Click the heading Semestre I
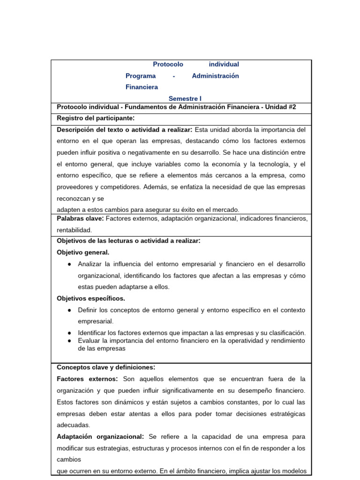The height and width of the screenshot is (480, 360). (185, 98)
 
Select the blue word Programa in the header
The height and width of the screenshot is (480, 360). (140, 76)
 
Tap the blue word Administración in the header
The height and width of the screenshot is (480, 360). (215, 76)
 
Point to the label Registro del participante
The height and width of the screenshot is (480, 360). (96, 118)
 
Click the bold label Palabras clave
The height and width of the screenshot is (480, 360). (80, 218)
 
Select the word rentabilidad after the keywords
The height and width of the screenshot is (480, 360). (75, 230)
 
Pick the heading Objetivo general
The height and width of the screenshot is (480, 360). (83, 252)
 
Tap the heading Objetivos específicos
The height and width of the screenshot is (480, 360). (91, 298)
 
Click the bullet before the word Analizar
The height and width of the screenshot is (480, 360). (69, 264)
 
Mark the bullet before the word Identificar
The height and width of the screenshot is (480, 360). (69, 333)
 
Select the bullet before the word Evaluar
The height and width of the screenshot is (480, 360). (69, 340)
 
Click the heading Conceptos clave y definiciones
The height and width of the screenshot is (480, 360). (106, 367)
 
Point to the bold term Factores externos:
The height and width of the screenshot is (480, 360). (87, 379)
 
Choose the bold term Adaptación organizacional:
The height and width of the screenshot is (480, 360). (100, 436)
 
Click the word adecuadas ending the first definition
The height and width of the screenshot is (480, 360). (73, 425)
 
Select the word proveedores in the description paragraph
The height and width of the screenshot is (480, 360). (75, 187)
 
